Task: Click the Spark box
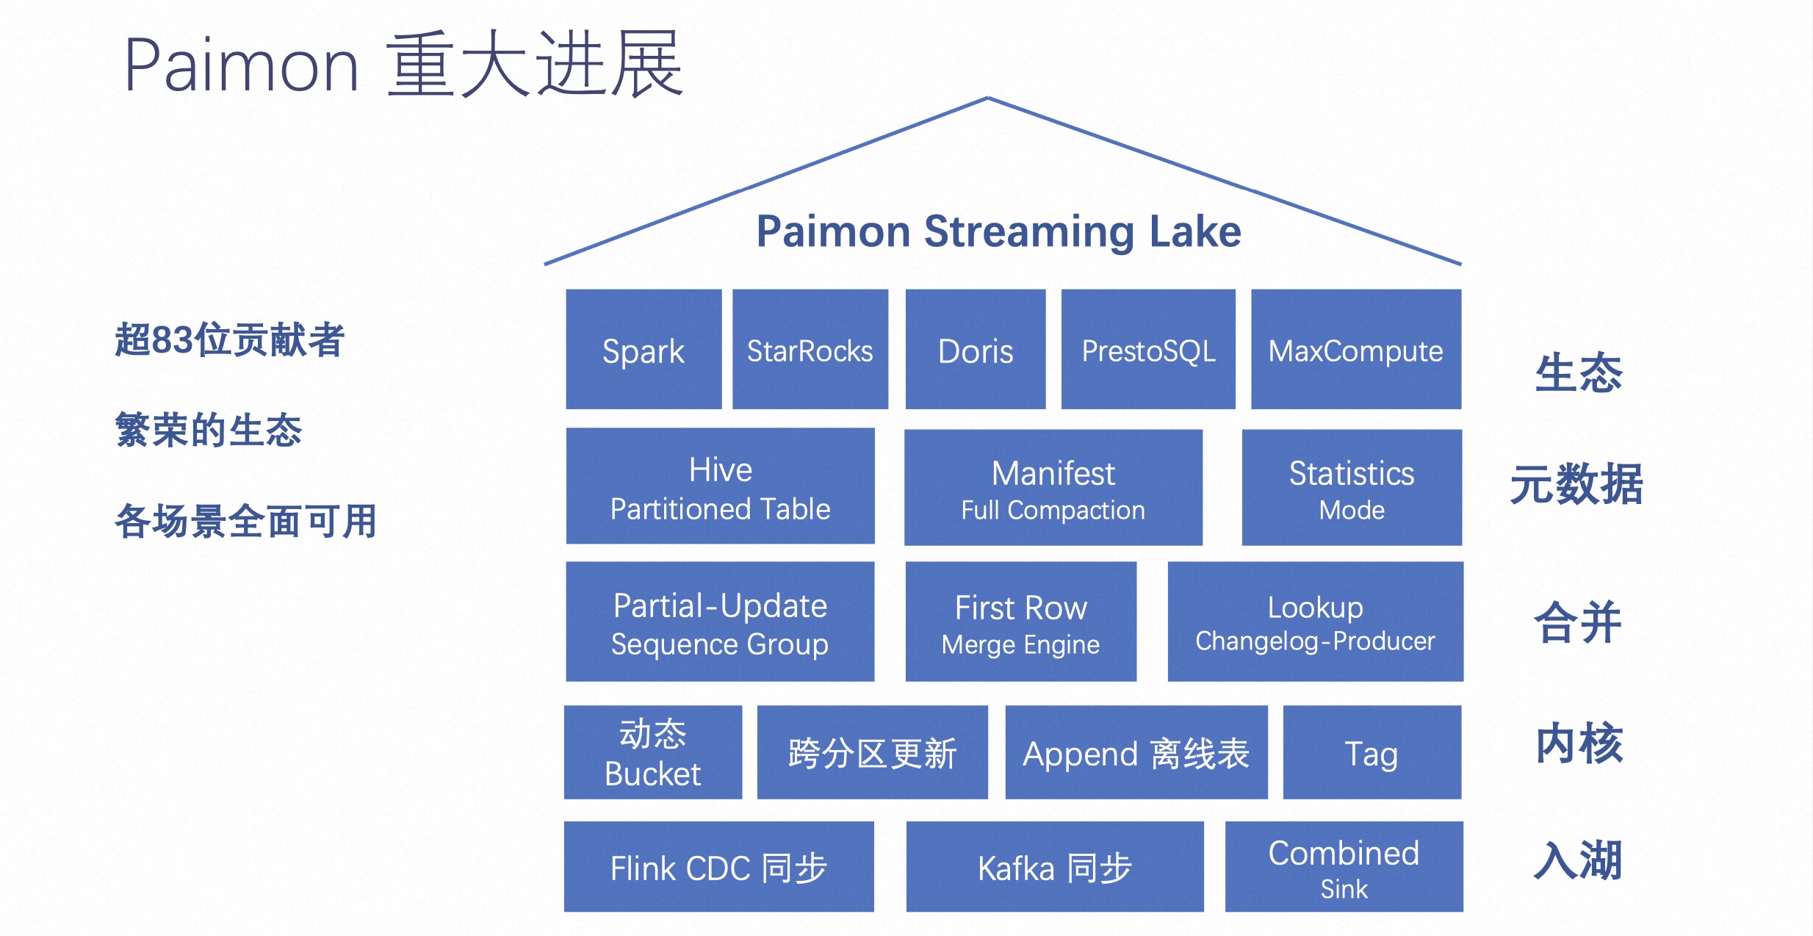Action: click(x=644, y=349)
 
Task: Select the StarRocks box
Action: click(x=810, y=349)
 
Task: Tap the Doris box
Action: click(x=975, y=349)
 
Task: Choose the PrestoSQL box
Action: click(x=1147, y=349)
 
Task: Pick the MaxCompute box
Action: click(x=1355, y=349)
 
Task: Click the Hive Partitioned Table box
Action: click(x=720, y=486)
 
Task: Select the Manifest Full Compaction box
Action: click(x=1053, y=488)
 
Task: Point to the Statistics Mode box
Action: click(x=1352, y=488)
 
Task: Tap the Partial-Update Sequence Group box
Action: click(x=720, y=622)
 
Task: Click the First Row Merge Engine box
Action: click(x=1020, y=622)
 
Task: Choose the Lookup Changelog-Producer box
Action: click(x=1315, y=622)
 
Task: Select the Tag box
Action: click(x=1372, y=752)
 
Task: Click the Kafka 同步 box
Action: click(x=1054, y=867)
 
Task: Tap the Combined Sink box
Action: click(x=1344, y=867)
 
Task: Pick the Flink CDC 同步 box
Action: click(x=718, y=867)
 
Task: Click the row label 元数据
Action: click(x=1576, y=485)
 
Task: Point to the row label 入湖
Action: click(x=1578, y=860)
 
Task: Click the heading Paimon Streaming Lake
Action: click(x=998, y=231)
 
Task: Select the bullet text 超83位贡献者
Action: click(x=229, y=340)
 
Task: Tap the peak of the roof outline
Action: click(x=988, y=98)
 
